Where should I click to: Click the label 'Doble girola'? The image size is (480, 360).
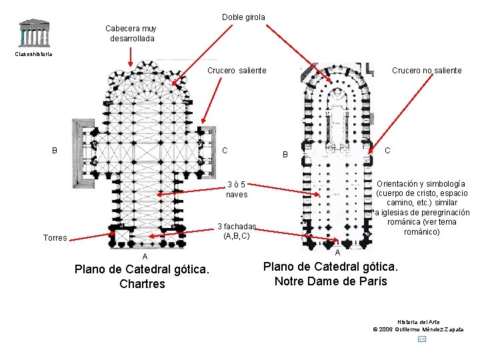[243, 17]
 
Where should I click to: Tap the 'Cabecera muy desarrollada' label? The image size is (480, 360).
[131, 33]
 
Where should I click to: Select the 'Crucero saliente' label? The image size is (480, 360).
[237, 70]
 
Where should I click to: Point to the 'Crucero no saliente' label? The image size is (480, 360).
[427, 70]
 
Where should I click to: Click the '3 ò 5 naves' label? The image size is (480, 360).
[236, 189]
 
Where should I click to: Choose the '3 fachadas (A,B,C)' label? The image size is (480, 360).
[237, 231]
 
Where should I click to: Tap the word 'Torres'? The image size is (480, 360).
[55, 238]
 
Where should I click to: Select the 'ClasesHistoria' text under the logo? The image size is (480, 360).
[33, 54]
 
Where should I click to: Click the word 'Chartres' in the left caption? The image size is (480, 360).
[142, 284]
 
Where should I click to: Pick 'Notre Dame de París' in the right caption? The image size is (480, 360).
[331, 281]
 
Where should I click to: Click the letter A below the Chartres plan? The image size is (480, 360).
[144, 257]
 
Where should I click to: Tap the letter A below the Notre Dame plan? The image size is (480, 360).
[337, 253]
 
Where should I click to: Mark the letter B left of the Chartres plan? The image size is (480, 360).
[55, 151]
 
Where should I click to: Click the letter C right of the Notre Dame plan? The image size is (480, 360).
[387, 151]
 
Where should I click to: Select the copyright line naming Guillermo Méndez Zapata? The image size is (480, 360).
[418, 329]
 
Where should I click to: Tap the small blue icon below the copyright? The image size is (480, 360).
[421, 339]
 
